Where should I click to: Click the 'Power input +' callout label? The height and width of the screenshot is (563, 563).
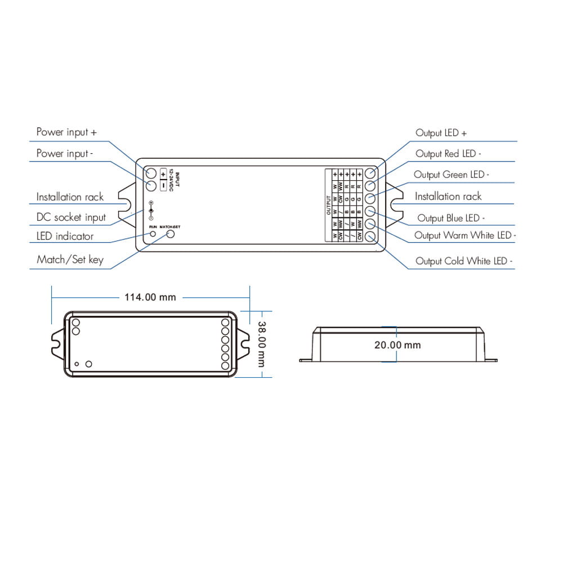[66, 132]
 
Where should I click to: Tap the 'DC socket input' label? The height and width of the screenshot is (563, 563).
[71, 217]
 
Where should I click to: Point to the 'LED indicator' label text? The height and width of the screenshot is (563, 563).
[65, 236]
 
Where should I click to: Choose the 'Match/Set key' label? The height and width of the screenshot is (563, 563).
[70, 260]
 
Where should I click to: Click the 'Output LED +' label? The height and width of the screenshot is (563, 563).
[441, 133]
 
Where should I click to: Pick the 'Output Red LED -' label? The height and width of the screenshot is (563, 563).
[448, 154]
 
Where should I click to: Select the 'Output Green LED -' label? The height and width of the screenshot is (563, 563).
[451, 175]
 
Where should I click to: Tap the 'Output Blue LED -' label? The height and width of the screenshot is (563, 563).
[451, 218]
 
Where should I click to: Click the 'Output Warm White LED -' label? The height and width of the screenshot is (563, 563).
[465, 235]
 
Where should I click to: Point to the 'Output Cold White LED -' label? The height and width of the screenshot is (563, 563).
[464, 261]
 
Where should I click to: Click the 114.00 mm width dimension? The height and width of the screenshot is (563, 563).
[150, 297]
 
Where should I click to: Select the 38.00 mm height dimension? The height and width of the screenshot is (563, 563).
[262, 343]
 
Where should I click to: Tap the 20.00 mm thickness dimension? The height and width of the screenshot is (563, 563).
[397, 345]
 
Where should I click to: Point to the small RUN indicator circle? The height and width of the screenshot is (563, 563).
[152, 233]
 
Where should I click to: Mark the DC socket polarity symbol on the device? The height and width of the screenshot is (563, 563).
[151, 209]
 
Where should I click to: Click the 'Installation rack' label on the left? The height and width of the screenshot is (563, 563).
[70, 197]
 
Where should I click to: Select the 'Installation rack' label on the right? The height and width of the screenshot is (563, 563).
[448, 196]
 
